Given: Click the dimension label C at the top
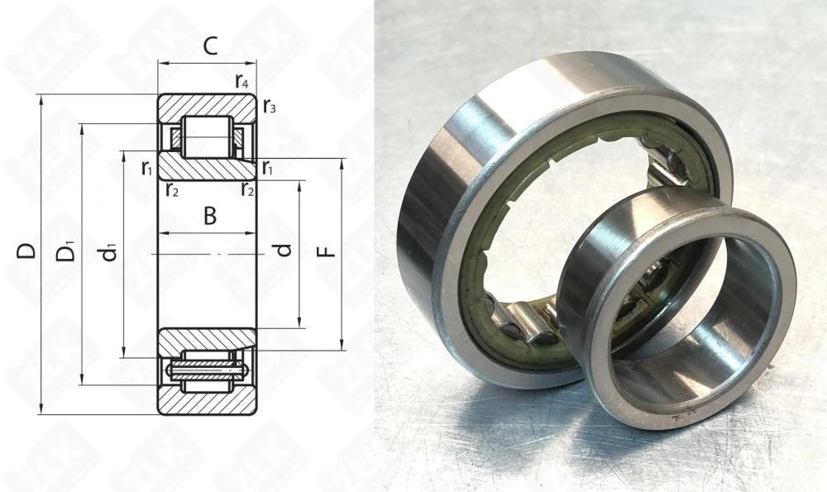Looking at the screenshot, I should pos(210,46).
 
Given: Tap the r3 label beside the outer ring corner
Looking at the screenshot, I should pos(269,106).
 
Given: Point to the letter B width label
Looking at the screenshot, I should pos(210,217).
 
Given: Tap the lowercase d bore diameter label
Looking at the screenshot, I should pos(284,249).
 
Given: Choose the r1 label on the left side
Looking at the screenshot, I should pos(147,169).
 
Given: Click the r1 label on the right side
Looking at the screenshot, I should pos(268,169).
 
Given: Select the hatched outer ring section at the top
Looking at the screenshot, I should pos(207,106).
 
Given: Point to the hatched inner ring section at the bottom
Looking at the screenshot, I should pos(207,339).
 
